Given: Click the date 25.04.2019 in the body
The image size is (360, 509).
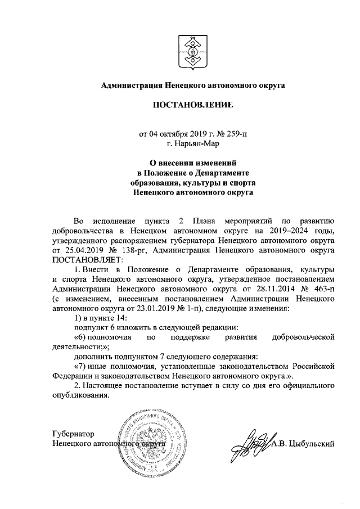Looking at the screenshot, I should [76, 250].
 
